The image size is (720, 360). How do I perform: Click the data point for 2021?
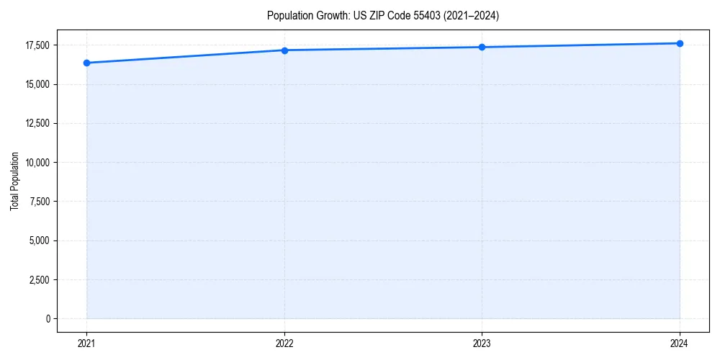point(87,63)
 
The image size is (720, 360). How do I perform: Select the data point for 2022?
point(284,50)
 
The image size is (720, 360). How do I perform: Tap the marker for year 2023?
point(482,48)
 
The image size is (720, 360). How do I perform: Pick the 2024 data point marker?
point(680,43)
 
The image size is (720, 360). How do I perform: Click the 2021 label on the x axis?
point(87,343)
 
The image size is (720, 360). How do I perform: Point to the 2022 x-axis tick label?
point(284,343)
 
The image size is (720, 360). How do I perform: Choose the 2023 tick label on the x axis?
point(482,343)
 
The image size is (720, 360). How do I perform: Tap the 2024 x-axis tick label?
point(680,343)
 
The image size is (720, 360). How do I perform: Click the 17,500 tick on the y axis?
point(37,45)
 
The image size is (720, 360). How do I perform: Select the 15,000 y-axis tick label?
point(37,84)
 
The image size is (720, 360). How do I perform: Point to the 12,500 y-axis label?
point(37,123)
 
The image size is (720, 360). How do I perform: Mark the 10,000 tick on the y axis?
point(37,163)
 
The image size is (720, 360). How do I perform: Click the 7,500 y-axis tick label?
point(40,202)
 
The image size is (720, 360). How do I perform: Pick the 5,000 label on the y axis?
point(40,240)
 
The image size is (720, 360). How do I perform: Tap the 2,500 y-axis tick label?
point(40,279)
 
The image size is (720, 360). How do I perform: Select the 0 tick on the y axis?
point(48,318)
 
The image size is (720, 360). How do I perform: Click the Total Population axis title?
point(14,181)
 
